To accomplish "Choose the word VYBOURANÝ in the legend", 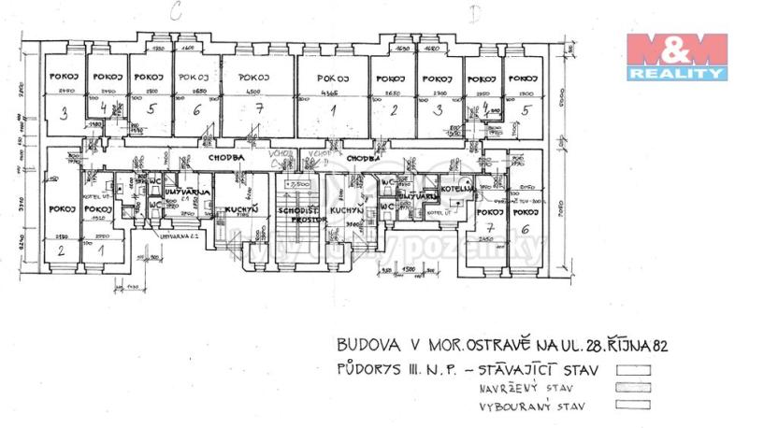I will [x=511, y=406].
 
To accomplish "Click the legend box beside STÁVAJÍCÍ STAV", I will [x=633, y=369].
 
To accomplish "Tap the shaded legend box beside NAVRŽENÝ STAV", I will [x=633, y=388].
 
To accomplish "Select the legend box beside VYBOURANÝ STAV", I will [x=633, y=406].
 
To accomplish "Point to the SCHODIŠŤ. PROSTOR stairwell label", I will [x=298, y=218].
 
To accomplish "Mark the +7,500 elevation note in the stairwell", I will [x=298, y=185].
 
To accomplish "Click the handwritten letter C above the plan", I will [x=175, y=11].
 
